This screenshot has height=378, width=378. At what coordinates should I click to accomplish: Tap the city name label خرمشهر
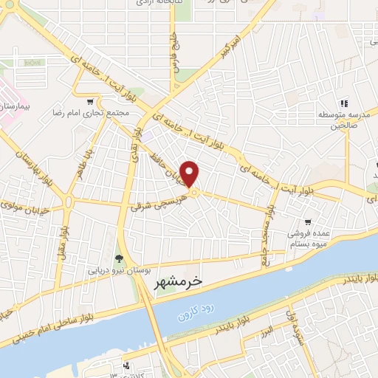point(177,283)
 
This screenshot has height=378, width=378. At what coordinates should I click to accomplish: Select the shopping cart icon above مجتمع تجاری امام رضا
point(90,102)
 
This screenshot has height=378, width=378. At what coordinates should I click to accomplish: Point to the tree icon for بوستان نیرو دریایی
point(118,258)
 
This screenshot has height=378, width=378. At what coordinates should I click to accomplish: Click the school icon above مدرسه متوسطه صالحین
point(343,103)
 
